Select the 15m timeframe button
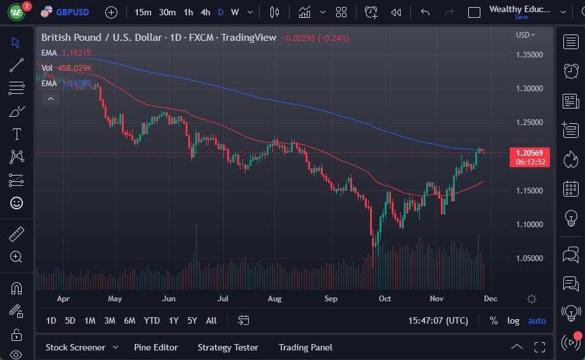[x=143, y=12]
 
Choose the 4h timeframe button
[x=205, y=12]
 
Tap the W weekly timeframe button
[x=235, y=12]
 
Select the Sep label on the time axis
[x=330, y=298]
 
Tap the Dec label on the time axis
[x=490, y=298]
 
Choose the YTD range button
[x=151, y=320]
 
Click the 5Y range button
[x=192, y=320]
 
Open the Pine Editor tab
[x=156, y=347]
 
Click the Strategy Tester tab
[x=228, y=347]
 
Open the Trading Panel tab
[x=305, y=347]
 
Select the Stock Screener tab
[x=75, y=347]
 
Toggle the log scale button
[x=513, y=320]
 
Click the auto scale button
[x=537, y=320]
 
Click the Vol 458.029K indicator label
[x=66, y=68]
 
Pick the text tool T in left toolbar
[x=17, y=134]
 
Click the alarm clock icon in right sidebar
[x=571, y=71]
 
